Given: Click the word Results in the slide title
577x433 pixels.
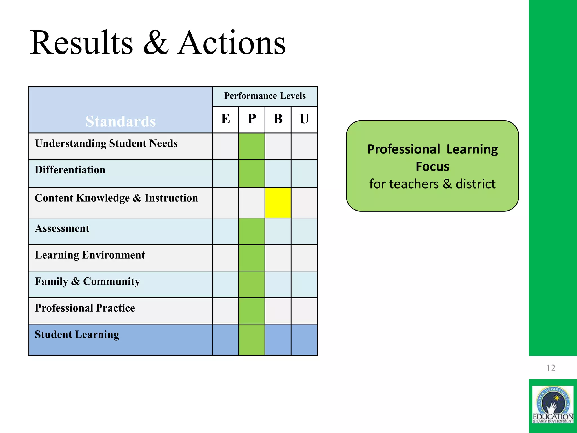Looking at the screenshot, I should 82,43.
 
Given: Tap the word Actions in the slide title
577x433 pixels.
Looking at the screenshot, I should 232,43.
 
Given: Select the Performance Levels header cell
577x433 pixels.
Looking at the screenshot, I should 265,96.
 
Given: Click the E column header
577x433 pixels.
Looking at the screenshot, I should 225,119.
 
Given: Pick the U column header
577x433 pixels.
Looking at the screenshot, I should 304,119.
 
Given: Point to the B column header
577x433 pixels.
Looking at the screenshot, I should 278,119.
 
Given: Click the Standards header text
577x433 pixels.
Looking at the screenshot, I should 121,121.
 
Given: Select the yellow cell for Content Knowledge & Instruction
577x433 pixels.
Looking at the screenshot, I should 278,203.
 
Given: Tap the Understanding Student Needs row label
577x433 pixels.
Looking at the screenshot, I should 106,143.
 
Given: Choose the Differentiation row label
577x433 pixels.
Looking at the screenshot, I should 70,170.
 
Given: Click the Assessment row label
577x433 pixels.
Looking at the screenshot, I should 62,228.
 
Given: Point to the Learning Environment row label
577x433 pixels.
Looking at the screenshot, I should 90,255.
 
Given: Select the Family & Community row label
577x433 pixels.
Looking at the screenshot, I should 87,281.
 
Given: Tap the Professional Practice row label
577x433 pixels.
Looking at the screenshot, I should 85,308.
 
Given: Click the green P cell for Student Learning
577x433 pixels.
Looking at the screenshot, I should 252,340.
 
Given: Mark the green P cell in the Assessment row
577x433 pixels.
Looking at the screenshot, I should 252,231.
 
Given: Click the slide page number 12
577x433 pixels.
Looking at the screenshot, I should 551,368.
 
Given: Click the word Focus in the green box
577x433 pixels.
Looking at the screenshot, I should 432,167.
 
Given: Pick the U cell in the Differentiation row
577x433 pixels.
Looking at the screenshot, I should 304,173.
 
